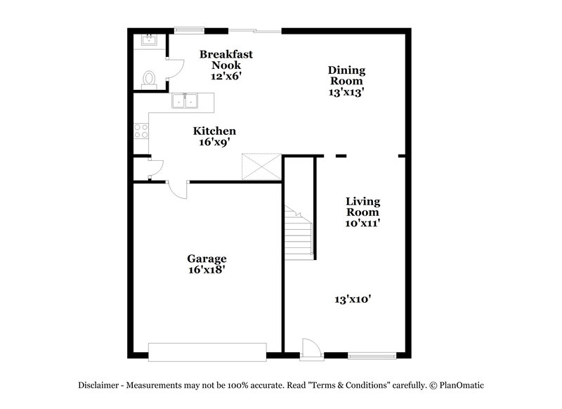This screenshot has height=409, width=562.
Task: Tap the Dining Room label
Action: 347,75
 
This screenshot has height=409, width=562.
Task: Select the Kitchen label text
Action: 214,131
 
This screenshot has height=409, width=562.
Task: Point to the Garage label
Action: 206,259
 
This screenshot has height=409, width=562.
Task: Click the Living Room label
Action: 362,207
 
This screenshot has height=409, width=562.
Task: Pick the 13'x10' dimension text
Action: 353,299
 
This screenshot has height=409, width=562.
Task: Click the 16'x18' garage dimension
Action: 206,269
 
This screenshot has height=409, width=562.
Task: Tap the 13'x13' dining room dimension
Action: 347,91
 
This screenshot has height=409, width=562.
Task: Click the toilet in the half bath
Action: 148,79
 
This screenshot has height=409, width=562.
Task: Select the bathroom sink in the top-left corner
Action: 148,40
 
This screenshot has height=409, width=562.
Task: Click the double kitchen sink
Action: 185,102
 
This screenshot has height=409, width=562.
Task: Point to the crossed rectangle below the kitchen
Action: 261,167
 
